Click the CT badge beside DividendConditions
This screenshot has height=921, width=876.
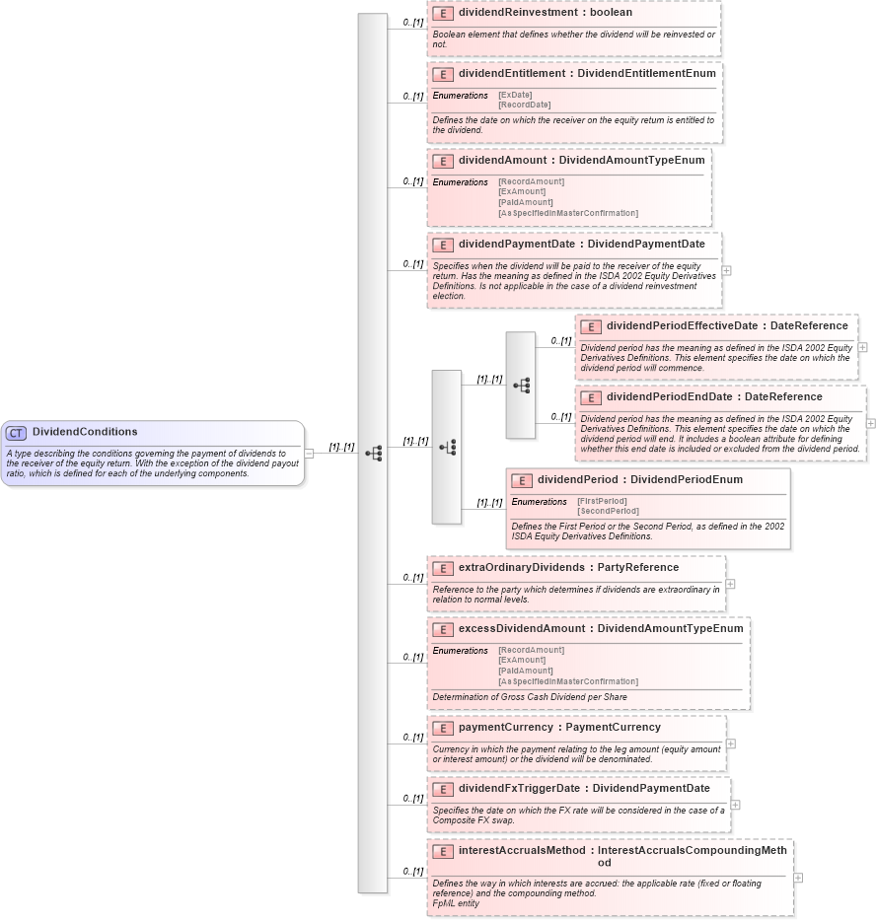[x=17, y=433]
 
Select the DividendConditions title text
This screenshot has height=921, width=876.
[x=85, y=432]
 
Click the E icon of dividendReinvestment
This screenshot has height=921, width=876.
[x=443, y=14]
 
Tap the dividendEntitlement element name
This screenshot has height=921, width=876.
[x=513, y=73]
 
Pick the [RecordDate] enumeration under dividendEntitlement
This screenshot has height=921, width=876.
[x=525, y=105]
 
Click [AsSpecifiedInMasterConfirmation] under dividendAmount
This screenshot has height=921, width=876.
[x=568, y=213]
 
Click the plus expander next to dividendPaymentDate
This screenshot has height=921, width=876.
[x=727, y=270]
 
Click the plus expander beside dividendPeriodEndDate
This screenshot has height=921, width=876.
[x=871, y=423]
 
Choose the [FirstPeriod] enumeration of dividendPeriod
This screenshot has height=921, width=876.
[x=603, y=501]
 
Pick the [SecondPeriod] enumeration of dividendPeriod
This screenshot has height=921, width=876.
[x=608, y=511]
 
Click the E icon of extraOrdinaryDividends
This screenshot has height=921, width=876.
[x=443, y=568]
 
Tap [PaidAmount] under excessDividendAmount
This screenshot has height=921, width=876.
[x=526, y=671]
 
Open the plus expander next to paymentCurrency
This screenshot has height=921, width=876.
[x=731, y=744]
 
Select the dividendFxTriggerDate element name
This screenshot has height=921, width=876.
[x=520, y=789]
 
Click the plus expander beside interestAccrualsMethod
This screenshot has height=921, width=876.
[x=798, y=878]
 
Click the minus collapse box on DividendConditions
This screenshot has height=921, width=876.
[x=309, y=454]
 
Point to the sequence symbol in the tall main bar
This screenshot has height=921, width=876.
[x=373, y=454]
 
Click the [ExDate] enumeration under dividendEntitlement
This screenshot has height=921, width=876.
[x=516, y=95]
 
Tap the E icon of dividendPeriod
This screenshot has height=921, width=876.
[x=522, y=480]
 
